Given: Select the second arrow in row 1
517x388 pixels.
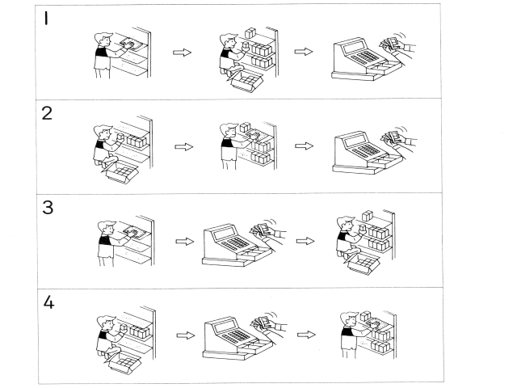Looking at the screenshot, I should [x=303, y=53].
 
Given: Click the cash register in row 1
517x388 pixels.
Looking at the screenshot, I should [x=361, y=61].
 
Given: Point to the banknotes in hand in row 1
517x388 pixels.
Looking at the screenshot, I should [x=393, y=44].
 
